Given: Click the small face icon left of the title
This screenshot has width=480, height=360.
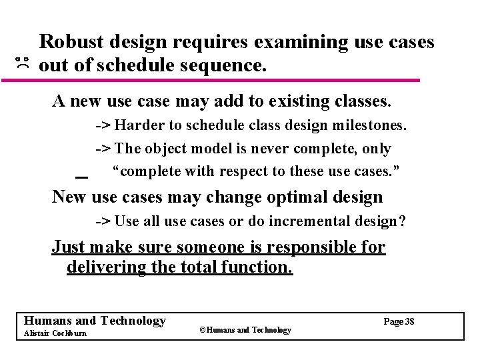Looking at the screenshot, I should pos(23,64).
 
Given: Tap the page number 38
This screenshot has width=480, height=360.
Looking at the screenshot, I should pos(409,321).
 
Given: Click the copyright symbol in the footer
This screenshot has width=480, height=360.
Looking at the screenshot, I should pos(202,329).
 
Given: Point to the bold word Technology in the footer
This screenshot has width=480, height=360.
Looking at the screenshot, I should pos(132,321).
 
